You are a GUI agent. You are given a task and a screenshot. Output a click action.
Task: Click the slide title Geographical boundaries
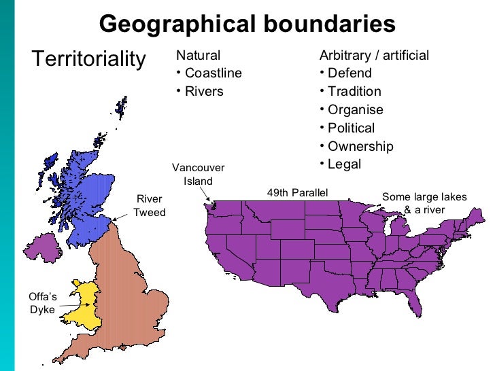(x=247, y=24)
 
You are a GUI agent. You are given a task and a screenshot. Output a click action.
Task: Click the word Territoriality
(x=88, y=59)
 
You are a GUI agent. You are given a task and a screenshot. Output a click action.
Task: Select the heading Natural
(x=198, y=55)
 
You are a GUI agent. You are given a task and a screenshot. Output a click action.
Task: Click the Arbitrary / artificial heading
(x=374, y=55)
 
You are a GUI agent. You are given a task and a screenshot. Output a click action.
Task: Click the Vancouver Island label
(x=198, y=175)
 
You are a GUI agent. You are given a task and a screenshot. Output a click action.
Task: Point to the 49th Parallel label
(x=297, y=194)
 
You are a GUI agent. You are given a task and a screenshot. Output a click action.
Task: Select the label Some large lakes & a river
(x=424, y=203)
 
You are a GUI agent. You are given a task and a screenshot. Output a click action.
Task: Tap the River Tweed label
(x=149, y=206)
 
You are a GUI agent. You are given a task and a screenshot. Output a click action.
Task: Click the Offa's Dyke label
(x=41, y=303)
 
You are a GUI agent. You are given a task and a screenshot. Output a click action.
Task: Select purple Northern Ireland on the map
(x=41, y=246)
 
